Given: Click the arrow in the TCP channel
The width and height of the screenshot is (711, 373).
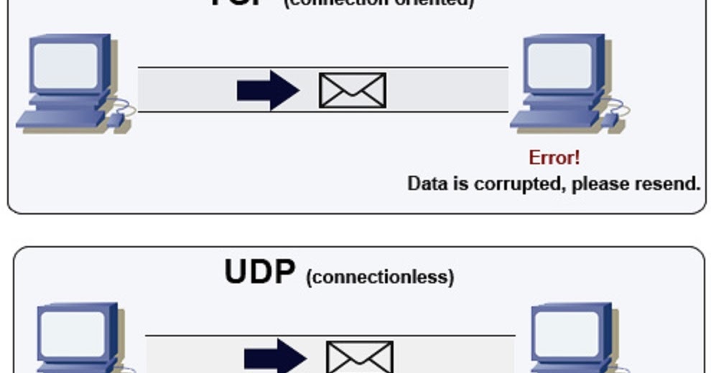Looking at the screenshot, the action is (267, 90).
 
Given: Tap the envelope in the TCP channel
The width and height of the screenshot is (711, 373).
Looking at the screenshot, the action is (352, 90).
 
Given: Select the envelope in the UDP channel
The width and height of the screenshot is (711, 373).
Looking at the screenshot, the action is (360, 357).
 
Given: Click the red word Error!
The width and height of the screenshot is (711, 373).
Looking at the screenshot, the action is (554, 157).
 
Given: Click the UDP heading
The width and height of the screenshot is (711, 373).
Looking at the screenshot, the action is (259, 273).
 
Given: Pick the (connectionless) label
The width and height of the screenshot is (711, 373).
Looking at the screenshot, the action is (380, 277).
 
